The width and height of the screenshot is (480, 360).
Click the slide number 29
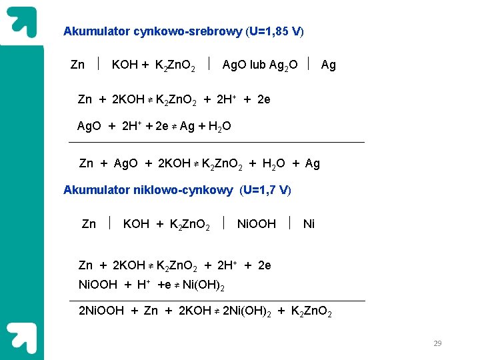[437, 343]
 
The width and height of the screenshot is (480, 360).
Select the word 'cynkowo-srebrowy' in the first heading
[188, 31]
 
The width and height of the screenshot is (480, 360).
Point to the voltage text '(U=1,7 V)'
[265, 190]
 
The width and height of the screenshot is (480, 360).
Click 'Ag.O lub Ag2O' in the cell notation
[260, 65]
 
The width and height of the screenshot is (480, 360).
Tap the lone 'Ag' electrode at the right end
[329, 65]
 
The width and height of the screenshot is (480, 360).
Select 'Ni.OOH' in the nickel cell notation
[257, 224]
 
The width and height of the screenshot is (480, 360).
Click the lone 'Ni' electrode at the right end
[309, 224]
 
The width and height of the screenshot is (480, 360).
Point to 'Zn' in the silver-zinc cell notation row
[77, 65]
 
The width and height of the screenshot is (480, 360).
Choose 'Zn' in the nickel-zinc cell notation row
[89, 224]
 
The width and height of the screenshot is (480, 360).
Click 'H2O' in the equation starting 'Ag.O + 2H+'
[219, 126]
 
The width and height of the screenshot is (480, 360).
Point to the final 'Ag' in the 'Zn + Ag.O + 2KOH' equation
[312, 163]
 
